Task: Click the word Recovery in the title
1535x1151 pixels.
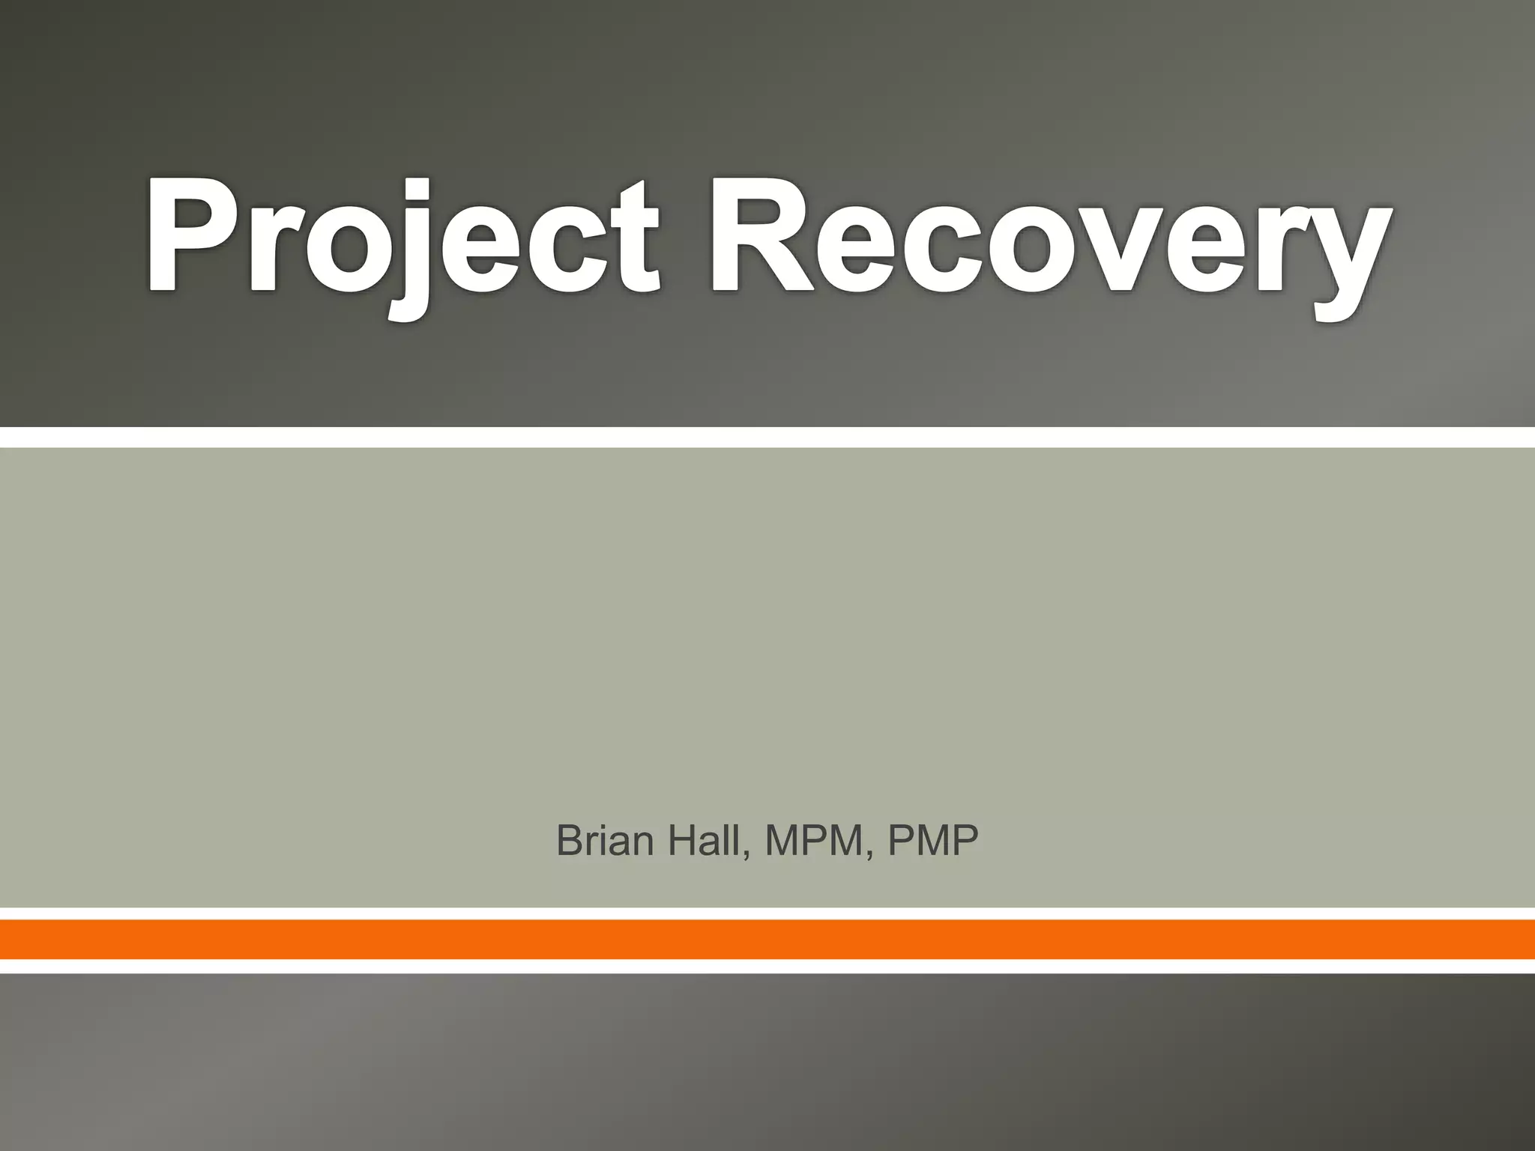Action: pos(1049,238)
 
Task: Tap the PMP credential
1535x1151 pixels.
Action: pos(933,841)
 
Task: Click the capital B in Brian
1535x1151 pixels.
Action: pos(570,841)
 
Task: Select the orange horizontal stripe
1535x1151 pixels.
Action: pos(767,939)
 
